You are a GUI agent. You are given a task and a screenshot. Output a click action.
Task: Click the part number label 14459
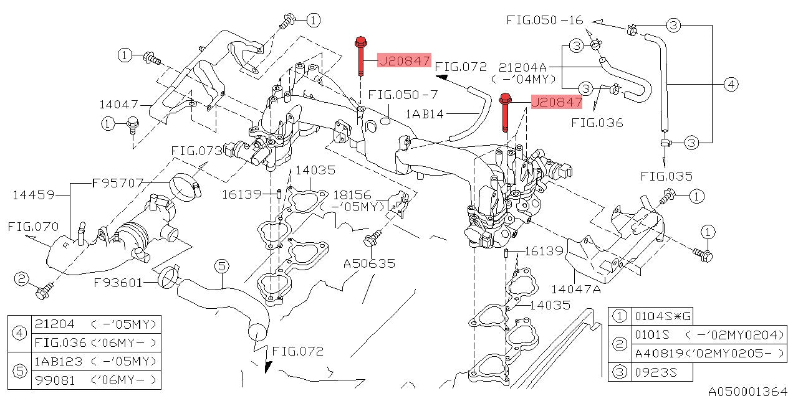tap(34, 195)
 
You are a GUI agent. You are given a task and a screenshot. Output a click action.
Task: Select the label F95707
tap(117, 183)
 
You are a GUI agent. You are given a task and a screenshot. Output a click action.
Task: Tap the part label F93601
tap(118, 283)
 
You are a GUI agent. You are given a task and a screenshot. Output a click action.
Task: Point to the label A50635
tap(369, 263)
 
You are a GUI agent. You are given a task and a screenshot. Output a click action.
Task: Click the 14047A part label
tap(576, 290)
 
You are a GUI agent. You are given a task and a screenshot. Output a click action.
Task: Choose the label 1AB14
tap(425, 114)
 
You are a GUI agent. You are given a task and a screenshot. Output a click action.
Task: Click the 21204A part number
tap(522, 67)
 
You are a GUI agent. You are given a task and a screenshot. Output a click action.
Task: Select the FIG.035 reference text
tap(666, 176)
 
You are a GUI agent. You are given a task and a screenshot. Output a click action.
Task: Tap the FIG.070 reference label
tap(33, 227)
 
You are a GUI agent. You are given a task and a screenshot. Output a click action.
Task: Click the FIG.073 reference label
tap(196, 151)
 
